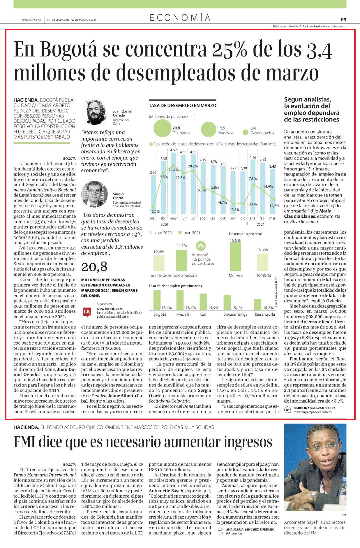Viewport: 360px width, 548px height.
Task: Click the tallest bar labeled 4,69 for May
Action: click(x=173, y=183)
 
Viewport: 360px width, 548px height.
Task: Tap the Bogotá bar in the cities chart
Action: click(x=157, y=300)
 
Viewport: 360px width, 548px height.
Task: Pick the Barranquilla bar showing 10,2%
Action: click(x=257, y=304)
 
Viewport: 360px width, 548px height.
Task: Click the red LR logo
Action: click(x=87, y=311)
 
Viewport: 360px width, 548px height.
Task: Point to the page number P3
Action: click(x=343, y=20)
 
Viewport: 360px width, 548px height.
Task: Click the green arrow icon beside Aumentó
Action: click(x=201, y=246)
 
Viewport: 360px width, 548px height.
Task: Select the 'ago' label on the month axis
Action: click(x=203, y=218)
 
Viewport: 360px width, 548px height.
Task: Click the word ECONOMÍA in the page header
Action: click(x=180, y=18)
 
